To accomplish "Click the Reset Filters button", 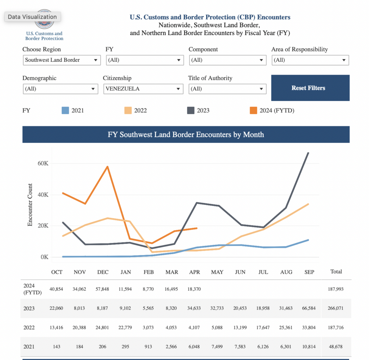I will click(x=310, y=88).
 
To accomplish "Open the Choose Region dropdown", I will click(x=62, y=60).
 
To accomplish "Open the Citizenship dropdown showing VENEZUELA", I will click(x=143, y=89).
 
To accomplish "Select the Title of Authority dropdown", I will click(x=227, y=89).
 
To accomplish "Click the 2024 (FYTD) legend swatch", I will click(x=254, y=110).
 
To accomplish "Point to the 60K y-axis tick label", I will click(x=42, y=163).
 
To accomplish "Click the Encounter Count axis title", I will click(x=30, y=205).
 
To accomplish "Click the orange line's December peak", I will click(x=107, y=167).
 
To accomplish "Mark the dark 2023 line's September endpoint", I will click(x=308, y=153).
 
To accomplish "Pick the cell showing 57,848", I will click(x=103, y=289).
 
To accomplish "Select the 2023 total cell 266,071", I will click(x=336, y=308).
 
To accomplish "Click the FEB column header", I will click(x=148, y=272).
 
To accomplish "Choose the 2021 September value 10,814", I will click(x=309, y=347).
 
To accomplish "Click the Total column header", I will click(x=336, y=272).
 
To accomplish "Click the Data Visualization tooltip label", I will click(x=32, y=17).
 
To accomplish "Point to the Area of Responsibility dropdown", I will click(x=310, y=60).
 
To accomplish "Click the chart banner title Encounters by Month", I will click(x=186, y=135).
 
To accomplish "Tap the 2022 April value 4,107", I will click(x=195, y=328).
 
